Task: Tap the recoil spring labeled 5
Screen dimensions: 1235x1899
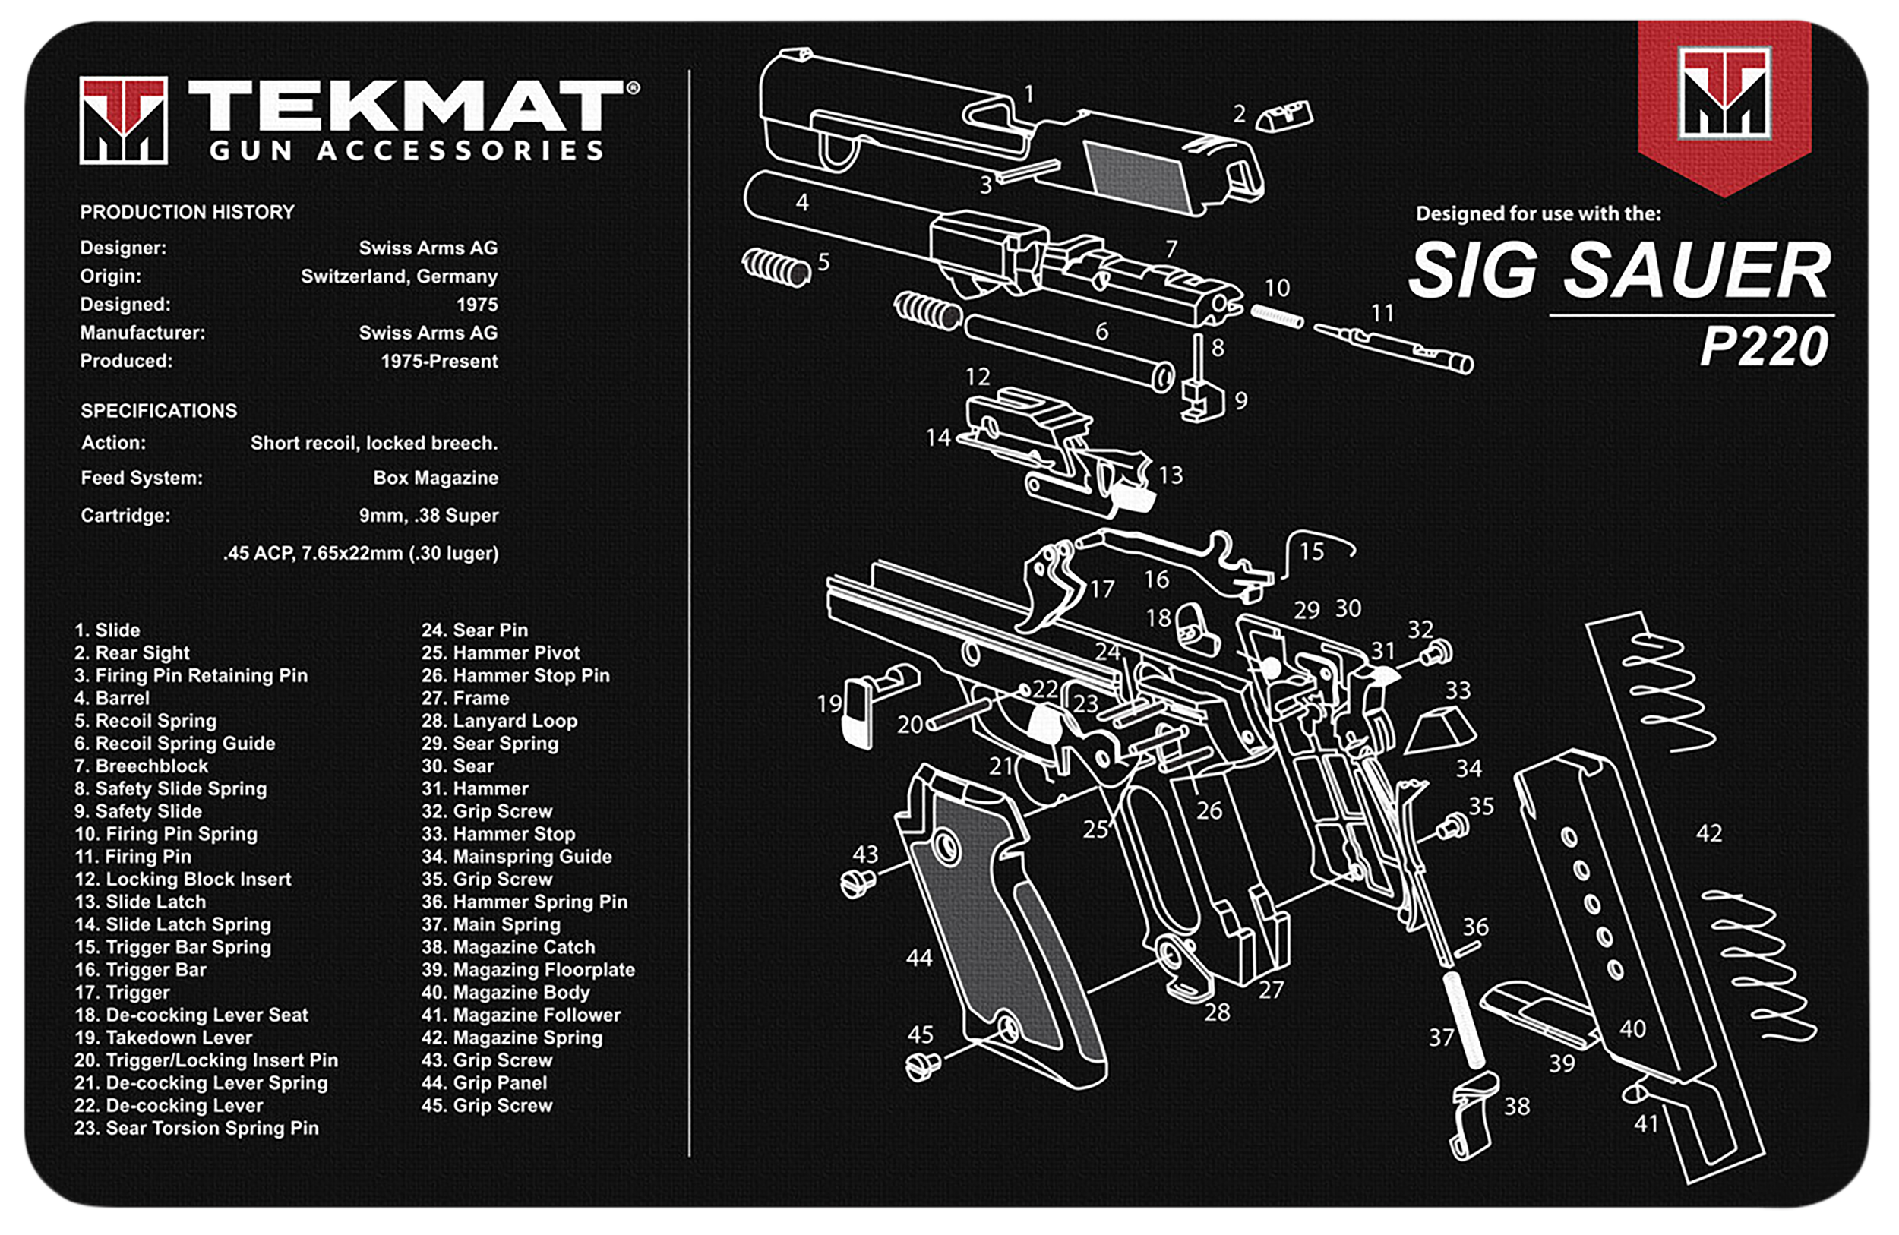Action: pyautogui.click(x=776, y=267)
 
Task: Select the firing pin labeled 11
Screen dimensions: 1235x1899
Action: pyautogui.click(x=1392, y=347)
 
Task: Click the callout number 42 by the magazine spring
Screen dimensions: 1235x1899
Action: pyautogui.click(x=1708, y=834)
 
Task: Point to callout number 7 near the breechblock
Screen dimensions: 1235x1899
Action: pyautogui.click(x=1171, y=250)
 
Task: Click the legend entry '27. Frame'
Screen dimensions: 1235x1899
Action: pyautogui.click(x=465, y=698)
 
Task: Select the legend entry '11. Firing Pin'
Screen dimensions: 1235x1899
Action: pyautogui.click(x=132, y=857)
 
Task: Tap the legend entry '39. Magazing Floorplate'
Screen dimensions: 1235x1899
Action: pyautogui.click(x=527, y=970)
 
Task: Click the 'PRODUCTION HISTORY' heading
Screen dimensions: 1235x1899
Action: pyautogui.click(x=187, y=212)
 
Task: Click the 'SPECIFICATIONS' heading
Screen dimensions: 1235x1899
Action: pyautogui.click(x=159, y=411)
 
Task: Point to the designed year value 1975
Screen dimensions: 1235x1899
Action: pyautogui.click(x=476, y=305)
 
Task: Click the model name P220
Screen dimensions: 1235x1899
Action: pyautogui.click(x=1763, y=346)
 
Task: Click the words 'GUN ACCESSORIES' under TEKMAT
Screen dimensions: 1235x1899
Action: pyautogui.click(x=406, y=150)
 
